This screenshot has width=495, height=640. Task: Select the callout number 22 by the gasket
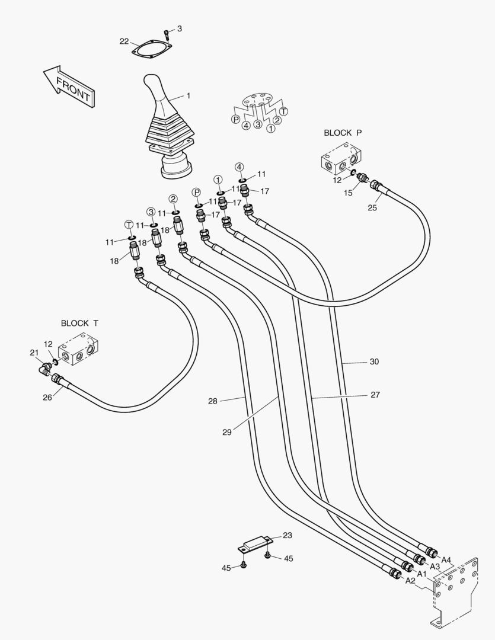pos(124,41)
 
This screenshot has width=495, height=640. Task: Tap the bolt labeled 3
pos(167,34)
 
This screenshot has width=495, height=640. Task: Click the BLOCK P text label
pos(343,133)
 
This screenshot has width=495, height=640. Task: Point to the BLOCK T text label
pos(79,323)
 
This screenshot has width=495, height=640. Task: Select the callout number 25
pos(372,207)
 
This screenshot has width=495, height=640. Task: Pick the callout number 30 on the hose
pos(374,361)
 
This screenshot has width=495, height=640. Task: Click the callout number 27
pos(375,395)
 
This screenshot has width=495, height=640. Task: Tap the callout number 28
pos(213,401)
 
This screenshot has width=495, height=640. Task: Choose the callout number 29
pos(227,432)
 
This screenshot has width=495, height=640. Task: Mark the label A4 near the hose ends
pos(446,560)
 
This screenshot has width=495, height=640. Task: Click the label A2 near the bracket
pos(410,581)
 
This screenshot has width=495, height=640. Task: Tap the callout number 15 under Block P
pos(349,193)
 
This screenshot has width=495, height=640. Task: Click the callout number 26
pos(47,397)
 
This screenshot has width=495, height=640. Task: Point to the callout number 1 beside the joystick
pos(189,95)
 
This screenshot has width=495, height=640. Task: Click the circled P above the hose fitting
pos(197,191)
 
